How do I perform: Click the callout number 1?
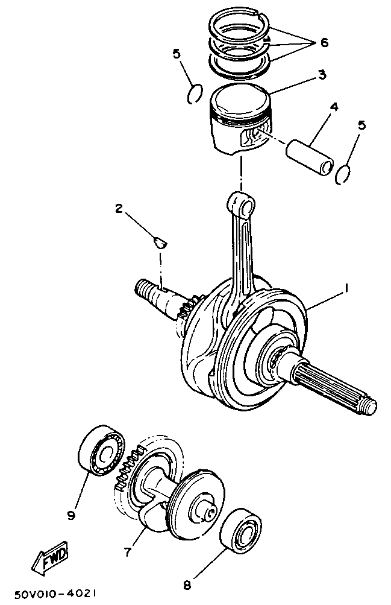(x=346, y=290)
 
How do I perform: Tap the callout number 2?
(x=119, y=209)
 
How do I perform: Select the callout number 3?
(x=322, y=75)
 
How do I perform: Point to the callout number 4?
(x=333, y=107)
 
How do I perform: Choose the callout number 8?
(x=187, y=584)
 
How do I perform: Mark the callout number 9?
(x=71, y=515)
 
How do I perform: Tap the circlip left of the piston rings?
(x=194, y=94)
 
